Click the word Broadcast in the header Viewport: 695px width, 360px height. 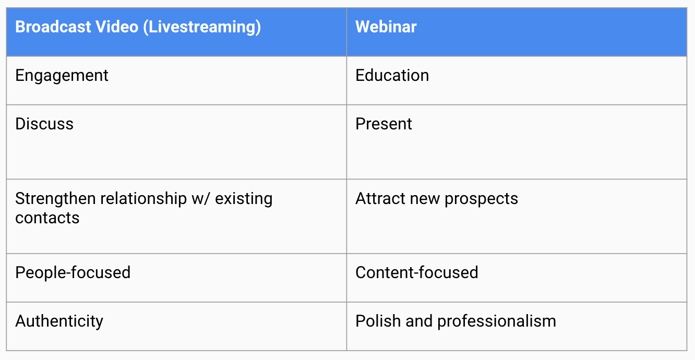tap(53, 27)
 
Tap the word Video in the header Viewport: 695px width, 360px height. tap(117, 27)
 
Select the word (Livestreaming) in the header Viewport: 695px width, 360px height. tap(202, 27)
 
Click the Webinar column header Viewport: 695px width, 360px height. tap(386, 27)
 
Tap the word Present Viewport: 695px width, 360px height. tap(384, 124)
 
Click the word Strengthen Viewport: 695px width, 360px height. tap(55, 199)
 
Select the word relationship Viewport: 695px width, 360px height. tap(143, 199)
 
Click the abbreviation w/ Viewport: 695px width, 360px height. tap(200, 199)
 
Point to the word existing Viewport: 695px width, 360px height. tap(244, 199)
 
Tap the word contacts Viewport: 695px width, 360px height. tap(47, 218)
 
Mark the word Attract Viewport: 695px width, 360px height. tap(380, 198)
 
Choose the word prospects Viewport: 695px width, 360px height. tap(481, 199)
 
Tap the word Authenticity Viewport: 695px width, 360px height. tap(59, 321)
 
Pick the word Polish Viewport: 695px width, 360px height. tap(378, 321)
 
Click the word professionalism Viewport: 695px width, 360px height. tap(497, 321)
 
